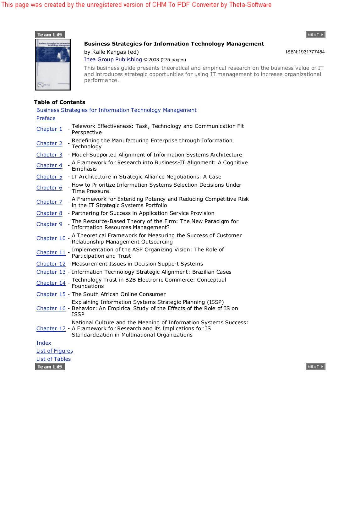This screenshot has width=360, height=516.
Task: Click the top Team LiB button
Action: (50, 35)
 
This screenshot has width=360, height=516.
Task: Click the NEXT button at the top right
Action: (315, 35)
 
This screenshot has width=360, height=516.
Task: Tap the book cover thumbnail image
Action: (53, 64)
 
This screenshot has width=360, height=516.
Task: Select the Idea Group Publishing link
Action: (113, 59)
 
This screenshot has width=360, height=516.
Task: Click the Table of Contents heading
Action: (60, 102)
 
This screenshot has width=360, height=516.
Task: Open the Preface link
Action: (46, 118)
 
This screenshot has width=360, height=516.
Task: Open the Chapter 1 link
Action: (49, 129)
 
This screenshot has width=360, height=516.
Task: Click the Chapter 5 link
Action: (49, 177)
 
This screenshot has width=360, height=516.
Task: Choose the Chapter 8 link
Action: (49, 213)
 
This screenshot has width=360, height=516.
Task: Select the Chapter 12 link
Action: (51, 264)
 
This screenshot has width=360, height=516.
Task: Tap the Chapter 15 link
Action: (51, 294)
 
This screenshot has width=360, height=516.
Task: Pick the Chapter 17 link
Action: (51, 328)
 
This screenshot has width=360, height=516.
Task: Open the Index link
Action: (44, 343)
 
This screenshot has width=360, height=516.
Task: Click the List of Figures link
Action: (55, 351)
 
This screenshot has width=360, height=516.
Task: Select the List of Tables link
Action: (53, 359)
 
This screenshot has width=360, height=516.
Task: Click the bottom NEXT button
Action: (315, 366)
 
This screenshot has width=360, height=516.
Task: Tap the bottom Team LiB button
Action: (50, 366)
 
